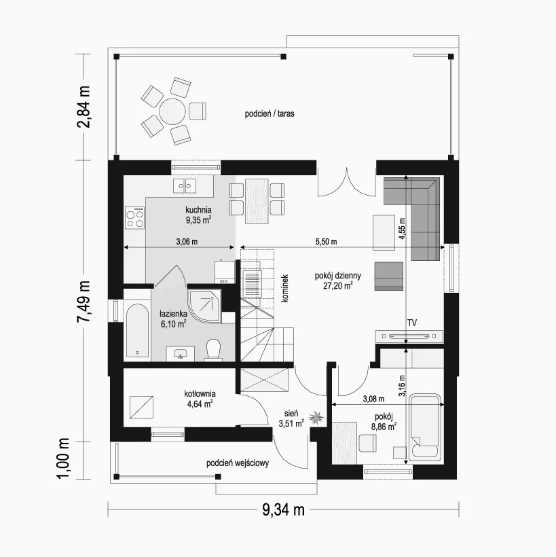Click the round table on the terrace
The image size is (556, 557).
tap(172, 111)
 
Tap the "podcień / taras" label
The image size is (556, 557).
tap(270, 113)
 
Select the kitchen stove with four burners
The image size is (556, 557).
tap(134, 217)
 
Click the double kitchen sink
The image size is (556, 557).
tap(185, 185)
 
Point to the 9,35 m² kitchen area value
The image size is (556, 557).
tap(198, 220)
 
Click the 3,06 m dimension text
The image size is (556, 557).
tap(187, 242)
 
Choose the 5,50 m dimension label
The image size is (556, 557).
tap(327, 242)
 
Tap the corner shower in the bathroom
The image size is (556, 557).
tap(204, 306)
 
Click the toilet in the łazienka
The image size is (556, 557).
tap(213, 349)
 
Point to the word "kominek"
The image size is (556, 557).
tap(284, 288)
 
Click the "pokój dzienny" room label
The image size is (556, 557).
tap(337, 275)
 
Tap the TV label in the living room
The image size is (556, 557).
tap(412, 323)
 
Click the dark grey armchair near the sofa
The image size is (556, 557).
tap(389, 276)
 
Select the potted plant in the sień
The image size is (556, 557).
tap(316, 418)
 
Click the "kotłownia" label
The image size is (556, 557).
tap(200, 393)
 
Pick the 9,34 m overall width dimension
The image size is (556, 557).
tap(283, 510)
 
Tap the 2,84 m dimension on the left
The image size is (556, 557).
tap(84, 107)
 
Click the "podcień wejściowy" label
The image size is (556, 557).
tap(238, 463)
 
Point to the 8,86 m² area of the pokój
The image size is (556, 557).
tap(384, 427)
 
